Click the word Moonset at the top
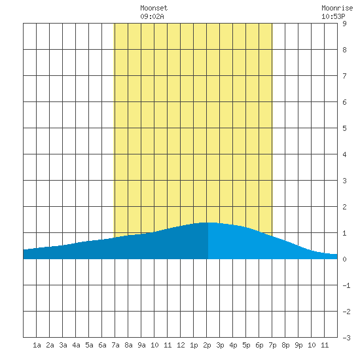pyautogui.click(x=154, y=8)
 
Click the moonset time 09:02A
pyautogui.click(x=152, y=16)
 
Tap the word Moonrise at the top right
pyautogui.click(x=337, y=8)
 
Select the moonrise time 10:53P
pyautogui.click(x=333, y=16)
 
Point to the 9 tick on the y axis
pyautogui.click(x=344, y=24)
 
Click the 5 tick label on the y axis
pyautogui.click(x=344, y=128)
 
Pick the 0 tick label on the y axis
pyautogui.click(x=344, y=259)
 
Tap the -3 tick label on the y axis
pyautogui.click(x=346, y=338)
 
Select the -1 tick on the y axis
pyautogui.click(x=346, y=285)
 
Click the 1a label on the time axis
pyautogui.click(x=37, y=345)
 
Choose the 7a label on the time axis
pyautogui.click(x=115, y=345)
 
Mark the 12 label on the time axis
pyautogui.click(x=181, y=345)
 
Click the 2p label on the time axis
pyautogui.click(x=207, y=345)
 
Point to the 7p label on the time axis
pyautogui.click(x=272, y=345)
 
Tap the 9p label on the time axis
pyautogui.click(x=298, y=345)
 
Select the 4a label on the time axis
pyautogui.click(x=76, y=345)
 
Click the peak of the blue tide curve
pyautogui.click(x=208, y=223)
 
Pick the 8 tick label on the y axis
pyautogui.click(x=344, y=50)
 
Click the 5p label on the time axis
pyautogui.click(x=246, y=345)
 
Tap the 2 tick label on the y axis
pyautogui.click(x=344, y=207)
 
